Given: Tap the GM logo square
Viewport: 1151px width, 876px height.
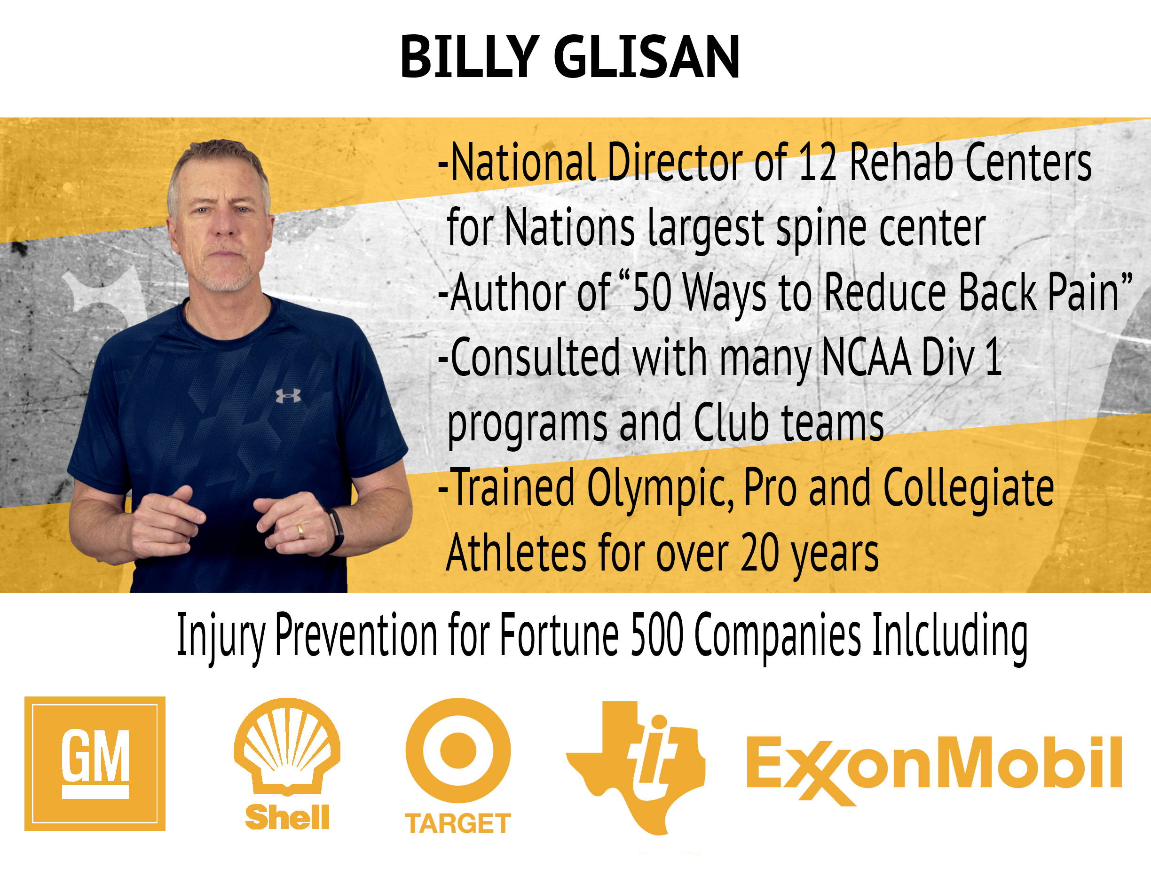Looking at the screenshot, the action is [x=95, y=763].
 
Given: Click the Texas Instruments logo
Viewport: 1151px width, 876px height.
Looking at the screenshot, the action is [x=636, y=766].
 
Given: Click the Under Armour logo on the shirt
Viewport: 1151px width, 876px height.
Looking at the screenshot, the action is [x=288, y=396].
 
